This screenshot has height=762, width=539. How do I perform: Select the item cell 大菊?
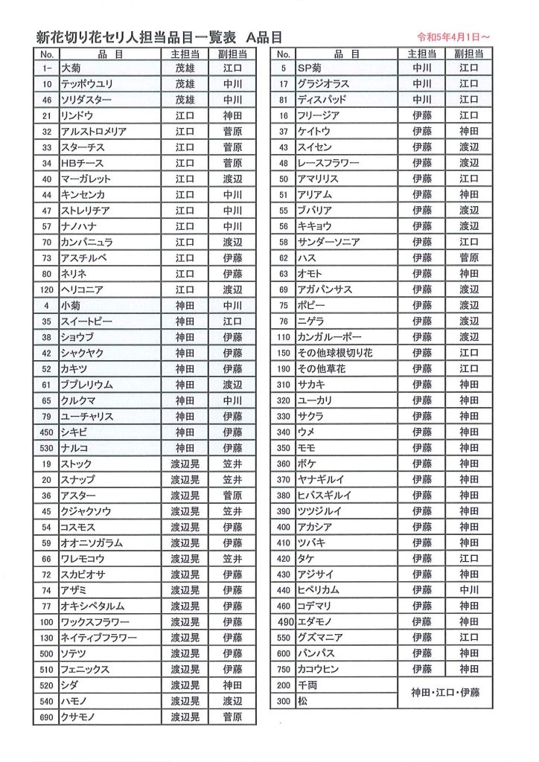pyautogui.click(x=71, y=68)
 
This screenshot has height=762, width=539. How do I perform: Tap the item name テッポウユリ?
pyautogui.click(x=86, y=84)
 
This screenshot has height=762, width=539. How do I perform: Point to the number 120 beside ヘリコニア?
pyautogui.click(x=46, y=289)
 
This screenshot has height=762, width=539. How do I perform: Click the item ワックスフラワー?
pyautogui.click(x=95, y=621)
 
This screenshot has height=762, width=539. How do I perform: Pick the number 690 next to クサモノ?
pyautogui.click(x=46, y=717)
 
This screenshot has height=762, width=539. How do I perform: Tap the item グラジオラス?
pyautogui.click(x=323, y=84)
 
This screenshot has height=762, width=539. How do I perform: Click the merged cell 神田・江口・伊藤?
pyautogui.click(x=445, y=693)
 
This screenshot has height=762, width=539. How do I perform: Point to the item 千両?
pyautogui.click(x=307, y=685)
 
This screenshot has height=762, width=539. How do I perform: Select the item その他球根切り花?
pyautogui.click(x=334, y=353)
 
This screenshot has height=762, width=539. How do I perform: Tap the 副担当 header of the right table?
pyautogui.click(x=469, y=54)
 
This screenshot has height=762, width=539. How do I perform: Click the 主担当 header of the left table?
pyautogui.click(x=185, y=54)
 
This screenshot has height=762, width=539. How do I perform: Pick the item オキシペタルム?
pyautogui.click(x=92, y=606)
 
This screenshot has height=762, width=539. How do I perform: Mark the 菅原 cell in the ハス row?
pyautogui.click(x=469, y=258)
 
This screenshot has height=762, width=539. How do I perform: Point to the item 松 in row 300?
pyautogui.click(x=302, y=701)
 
